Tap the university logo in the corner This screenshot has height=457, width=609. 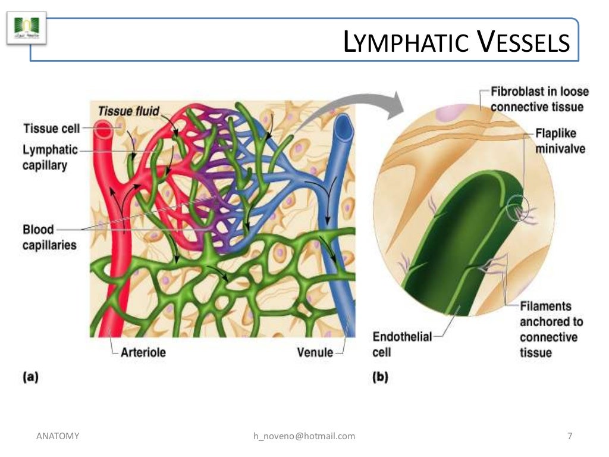(26, 28)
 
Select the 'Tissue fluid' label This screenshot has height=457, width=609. (128, 111)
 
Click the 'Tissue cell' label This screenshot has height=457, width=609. (51, 129)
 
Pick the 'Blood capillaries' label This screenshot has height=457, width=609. (49, 237)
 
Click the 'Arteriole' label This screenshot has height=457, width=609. (143, 352)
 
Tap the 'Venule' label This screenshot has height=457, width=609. (315, 352)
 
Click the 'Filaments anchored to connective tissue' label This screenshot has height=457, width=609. (551, 329)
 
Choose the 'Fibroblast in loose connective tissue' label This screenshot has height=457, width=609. (539, 99)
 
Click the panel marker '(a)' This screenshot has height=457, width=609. (30, 377)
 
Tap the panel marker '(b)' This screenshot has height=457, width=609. (380, 377)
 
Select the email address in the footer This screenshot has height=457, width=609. (304, 436)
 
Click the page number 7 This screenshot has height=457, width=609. (570, 436)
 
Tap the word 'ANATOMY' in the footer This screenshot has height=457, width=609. (58, 436)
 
